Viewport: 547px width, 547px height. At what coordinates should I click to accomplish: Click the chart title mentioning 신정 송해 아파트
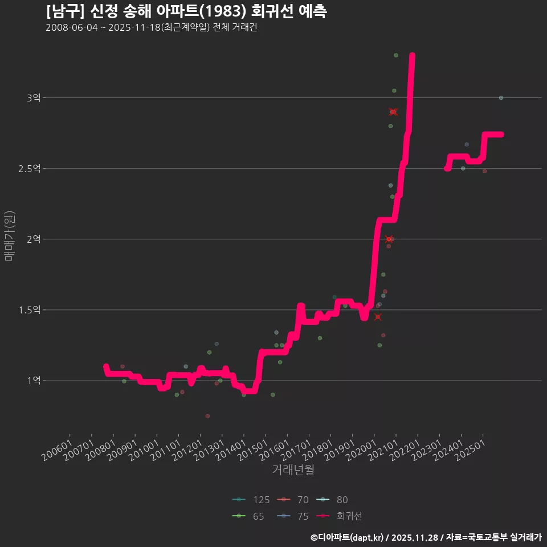pos(186,11)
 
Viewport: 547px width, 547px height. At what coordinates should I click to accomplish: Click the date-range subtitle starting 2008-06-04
pos(151,28)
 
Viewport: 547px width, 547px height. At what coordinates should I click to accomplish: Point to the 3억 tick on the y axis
pos(34,98)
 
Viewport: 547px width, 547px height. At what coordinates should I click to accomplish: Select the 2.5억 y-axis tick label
pos(29,169)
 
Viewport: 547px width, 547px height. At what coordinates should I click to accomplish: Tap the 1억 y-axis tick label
pos(34,381)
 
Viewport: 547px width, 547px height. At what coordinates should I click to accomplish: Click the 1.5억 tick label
pos(29,310)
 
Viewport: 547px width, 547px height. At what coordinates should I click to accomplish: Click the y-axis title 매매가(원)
pos(9,236)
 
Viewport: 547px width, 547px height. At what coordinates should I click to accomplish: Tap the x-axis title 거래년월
pos(293,470)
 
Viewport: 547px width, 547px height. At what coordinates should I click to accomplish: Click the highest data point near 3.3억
pos(396,55)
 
